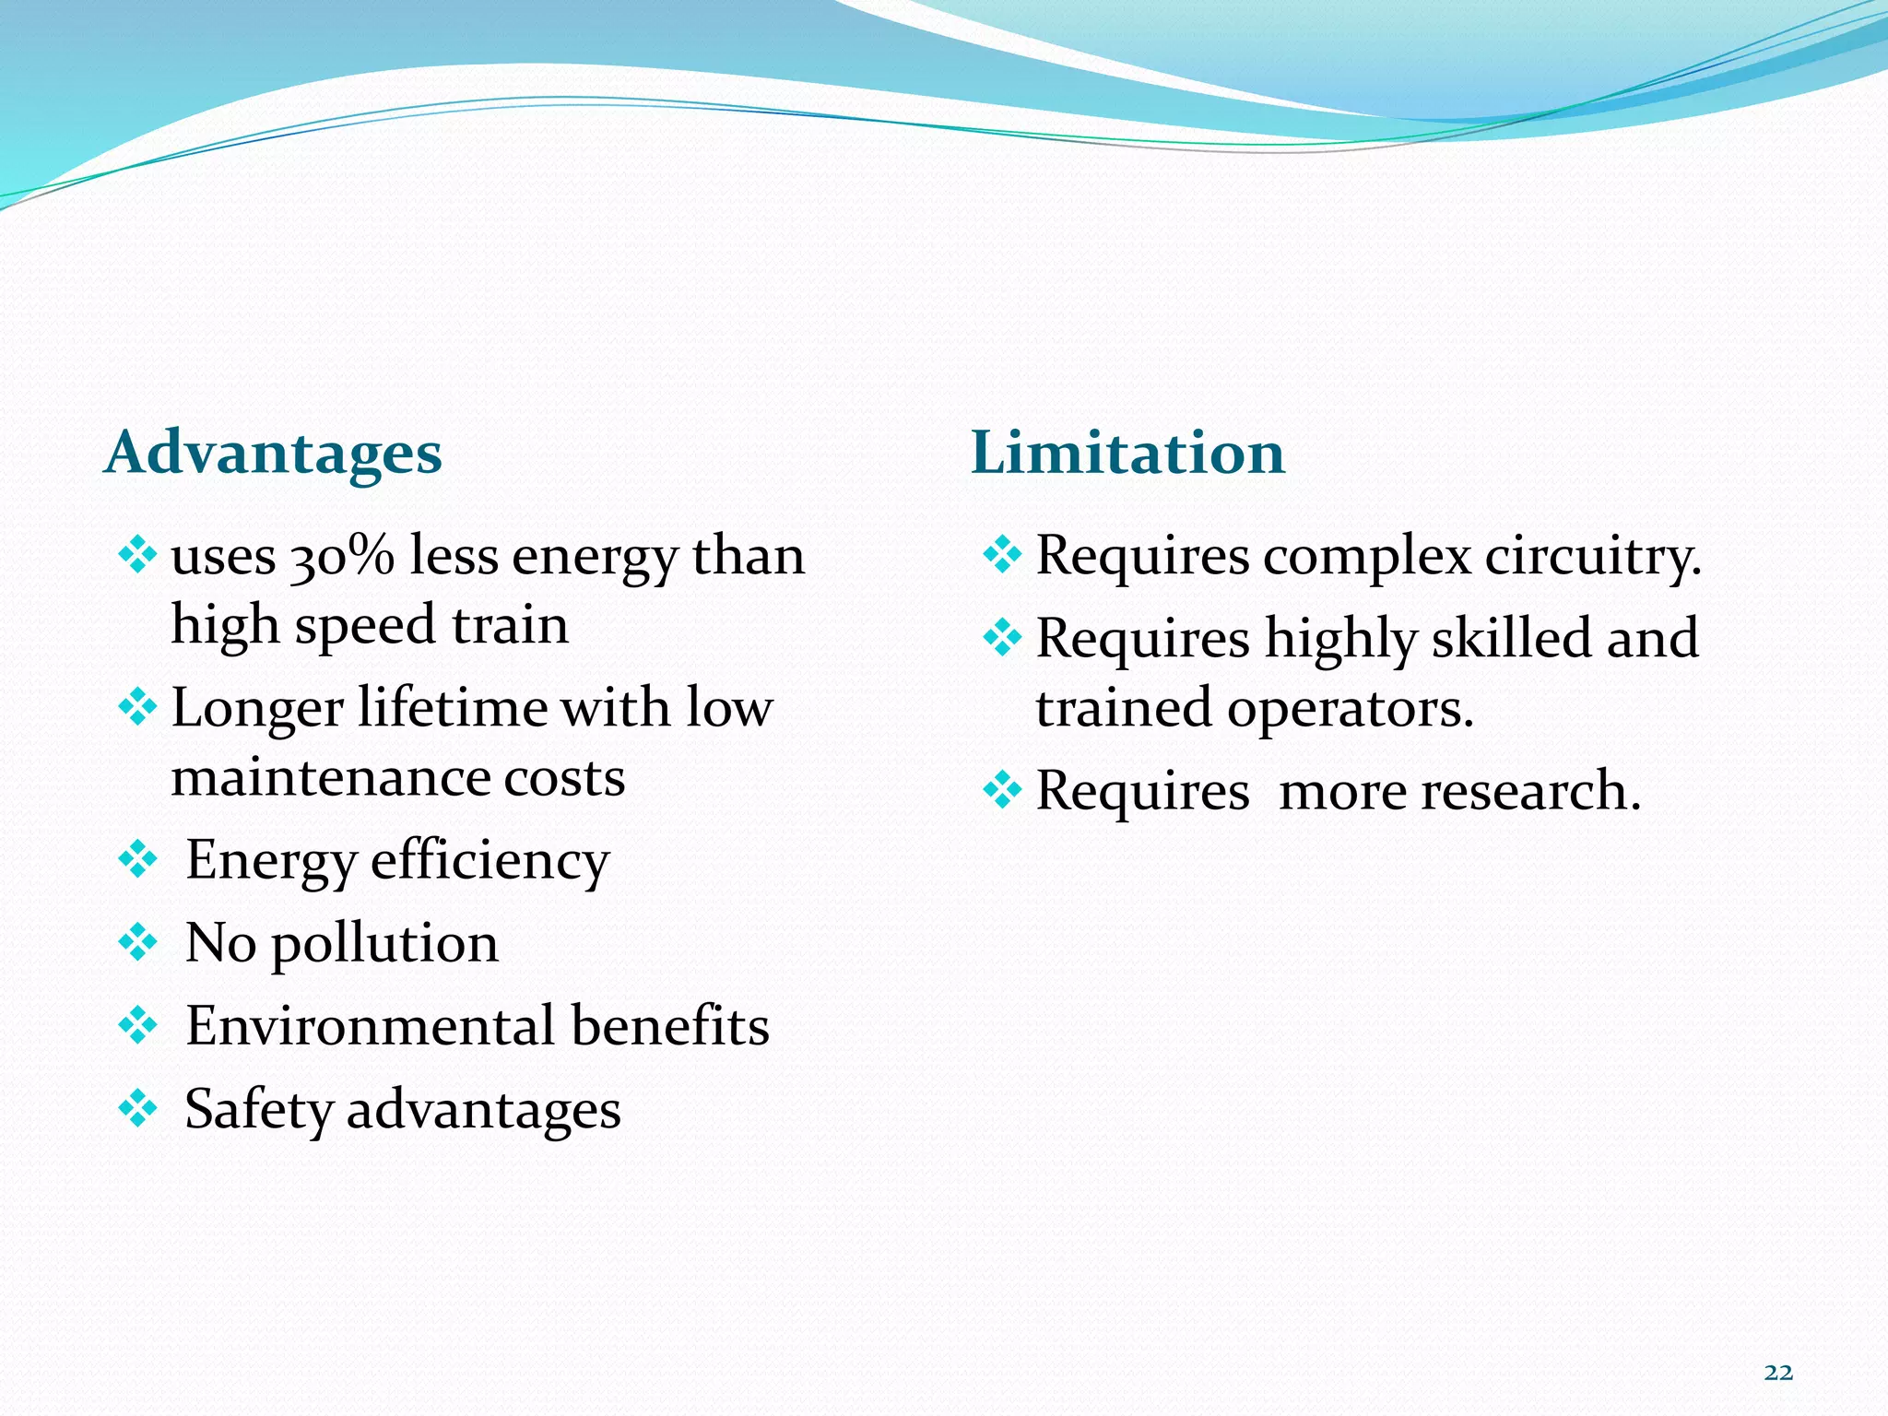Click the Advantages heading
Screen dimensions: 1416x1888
tap(273, 454)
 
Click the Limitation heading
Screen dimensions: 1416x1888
tap(1127, 454)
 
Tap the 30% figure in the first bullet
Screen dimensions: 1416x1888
tap(342, 557)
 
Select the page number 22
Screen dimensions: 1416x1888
tap(1778, 1373)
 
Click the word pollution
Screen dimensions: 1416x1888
tap(384, 944)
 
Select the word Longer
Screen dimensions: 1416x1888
tap(257, 709)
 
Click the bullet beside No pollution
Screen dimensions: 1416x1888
tap(138, 942)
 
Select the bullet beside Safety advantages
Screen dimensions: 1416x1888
tap(138, 1108)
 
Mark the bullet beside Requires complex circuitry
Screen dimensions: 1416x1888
tap(1002, 555)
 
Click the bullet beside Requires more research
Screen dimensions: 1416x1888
tap(1002, 790)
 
